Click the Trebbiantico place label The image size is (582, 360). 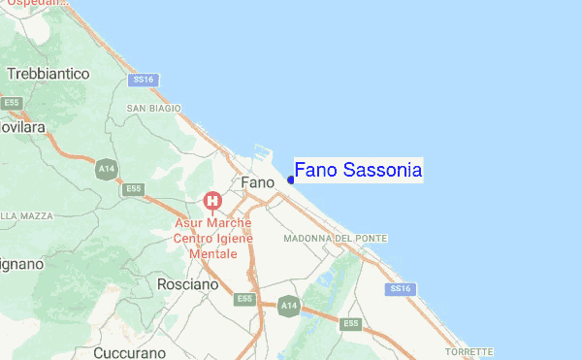pos(48,74)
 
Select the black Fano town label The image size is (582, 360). pos(257,182)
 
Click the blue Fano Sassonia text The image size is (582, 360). pos(358,171)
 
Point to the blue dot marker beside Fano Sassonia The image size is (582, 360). pos(291,180)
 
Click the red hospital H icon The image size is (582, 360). pos(211,202)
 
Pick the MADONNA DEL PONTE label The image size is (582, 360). pos(335,238)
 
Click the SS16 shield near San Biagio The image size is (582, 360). pos(145,79)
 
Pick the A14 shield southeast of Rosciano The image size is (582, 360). pos(288,305)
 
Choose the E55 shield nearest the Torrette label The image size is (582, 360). pos(350,323)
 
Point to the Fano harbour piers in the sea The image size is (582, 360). pos(259,155)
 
